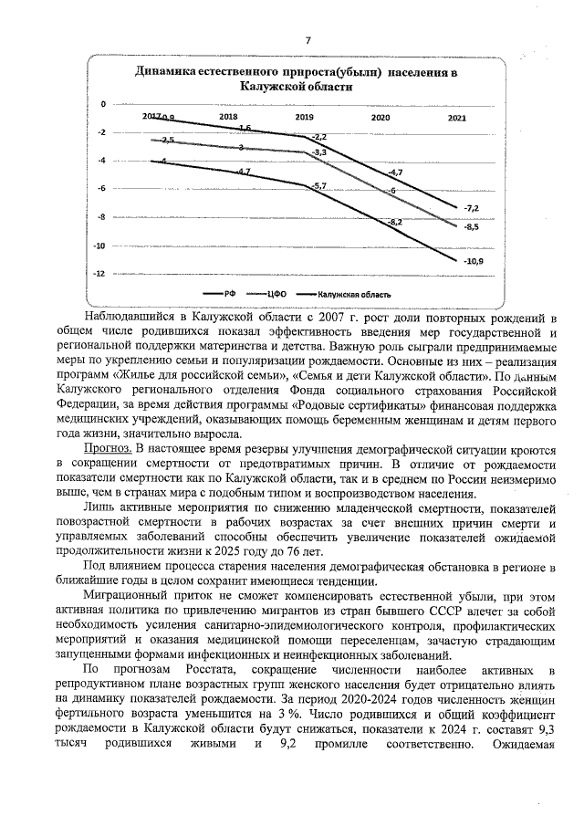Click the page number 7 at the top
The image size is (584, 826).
[x=308, y=39]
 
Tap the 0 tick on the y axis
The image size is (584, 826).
[x=103, y=104]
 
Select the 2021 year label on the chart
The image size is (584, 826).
[x=458, y=119]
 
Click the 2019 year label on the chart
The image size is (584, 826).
[x=304, y=119]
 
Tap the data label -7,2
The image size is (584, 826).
[x=472, y=208]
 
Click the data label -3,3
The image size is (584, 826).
[x=319, y=152]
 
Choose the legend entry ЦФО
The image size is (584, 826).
[x=277, y=294]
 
